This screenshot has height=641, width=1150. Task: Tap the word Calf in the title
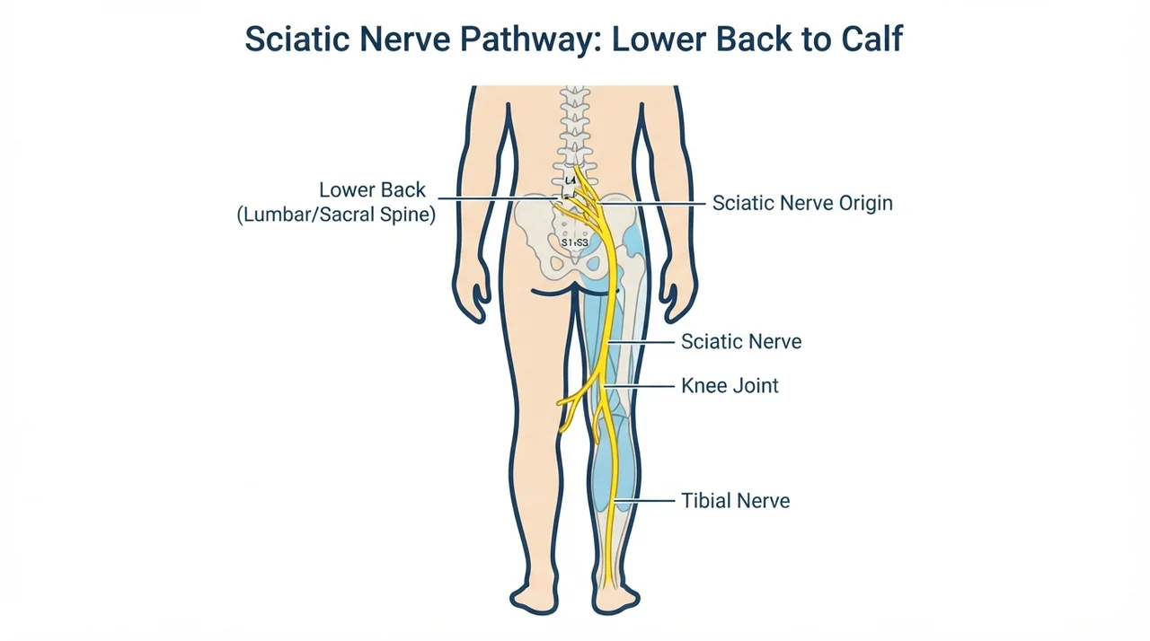871,39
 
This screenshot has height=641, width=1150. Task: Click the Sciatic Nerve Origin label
802,203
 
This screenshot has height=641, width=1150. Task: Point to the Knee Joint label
730,386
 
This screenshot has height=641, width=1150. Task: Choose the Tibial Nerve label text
735,500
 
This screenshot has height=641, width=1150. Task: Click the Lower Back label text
372,189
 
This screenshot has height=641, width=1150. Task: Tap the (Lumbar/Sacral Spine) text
336,215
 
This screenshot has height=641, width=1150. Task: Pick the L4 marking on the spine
570,180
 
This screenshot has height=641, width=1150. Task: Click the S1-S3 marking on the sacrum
574,242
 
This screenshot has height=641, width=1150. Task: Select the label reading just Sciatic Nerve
741,341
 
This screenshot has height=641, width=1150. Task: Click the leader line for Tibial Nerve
645,500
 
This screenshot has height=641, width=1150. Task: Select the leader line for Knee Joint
639,386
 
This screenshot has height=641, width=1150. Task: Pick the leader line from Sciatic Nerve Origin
651,204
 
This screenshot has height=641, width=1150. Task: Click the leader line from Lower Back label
498,198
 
